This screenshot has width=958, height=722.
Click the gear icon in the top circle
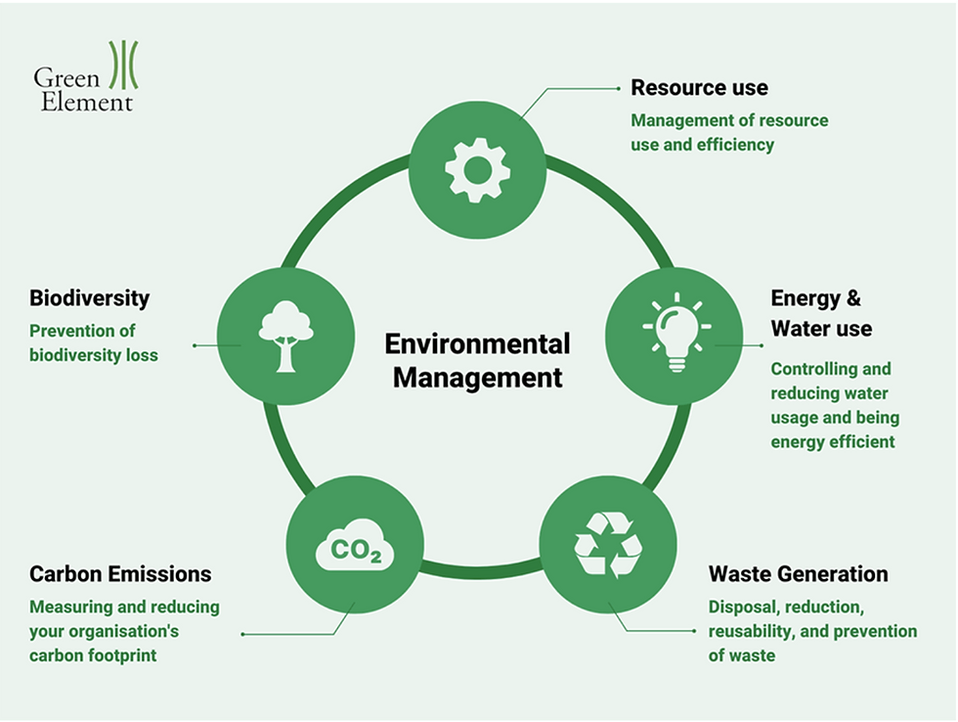pyautogui.click(x=477, y=169)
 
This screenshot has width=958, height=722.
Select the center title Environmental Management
pyautogui.click(x=477, y=360)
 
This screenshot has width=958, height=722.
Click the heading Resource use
pyautogui.click(x=699, y=88)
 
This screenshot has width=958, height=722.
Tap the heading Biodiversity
pyautogui.click(x=89, y=298)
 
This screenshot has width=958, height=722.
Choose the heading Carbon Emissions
pyautogui.click(x=120, y=573)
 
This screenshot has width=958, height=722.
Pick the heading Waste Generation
pyautogui.click(x=798, y=573)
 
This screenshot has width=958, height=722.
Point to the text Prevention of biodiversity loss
pyautogui.click(x=94, y=342)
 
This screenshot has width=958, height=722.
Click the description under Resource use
pyautogui.click(x=728, y=133)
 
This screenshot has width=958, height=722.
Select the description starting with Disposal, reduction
pyautogui.click(x=812, y=630)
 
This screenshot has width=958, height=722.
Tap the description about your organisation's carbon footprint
pyautogui.click(x=124, y=630)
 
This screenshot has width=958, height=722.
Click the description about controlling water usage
pyautogui.click(x=834, y=405)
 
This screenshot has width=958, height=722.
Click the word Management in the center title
pyautogui.click(x=477, y=378)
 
